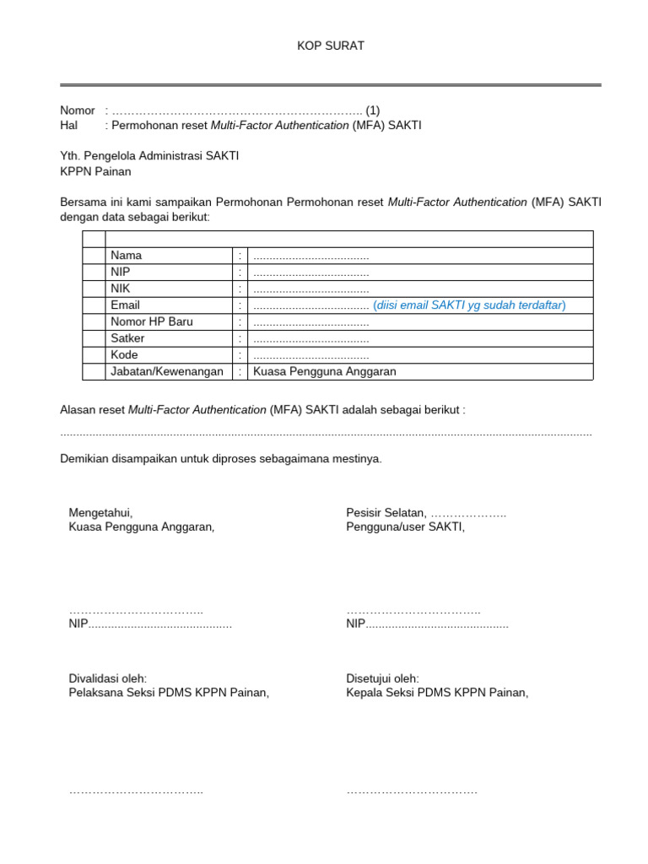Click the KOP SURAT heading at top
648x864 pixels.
coord(331,46)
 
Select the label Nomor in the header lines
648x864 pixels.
coord(78,111)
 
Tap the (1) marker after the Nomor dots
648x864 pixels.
coord(372,111)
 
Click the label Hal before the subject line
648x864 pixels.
coord(68,125)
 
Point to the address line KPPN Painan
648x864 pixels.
coord(95,171)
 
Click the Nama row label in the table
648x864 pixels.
coord(126,255)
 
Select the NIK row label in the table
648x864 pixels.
coord(120,289)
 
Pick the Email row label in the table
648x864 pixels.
coord(125,305)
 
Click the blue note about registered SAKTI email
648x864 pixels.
coord(469,305)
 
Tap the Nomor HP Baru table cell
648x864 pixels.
coord(151,321)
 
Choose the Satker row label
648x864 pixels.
coord(127,338)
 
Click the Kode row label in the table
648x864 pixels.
coord(124,354)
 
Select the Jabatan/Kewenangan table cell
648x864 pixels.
coord(166,371)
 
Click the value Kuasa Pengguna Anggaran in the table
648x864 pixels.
coord(325,371)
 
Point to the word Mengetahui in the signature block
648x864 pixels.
coord(100,512)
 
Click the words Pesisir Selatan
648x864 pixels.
coord(386,512)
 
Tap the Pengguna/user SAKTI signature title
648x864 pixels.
coord(405,526)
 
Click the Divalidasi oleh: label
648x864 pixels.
coord(107,678)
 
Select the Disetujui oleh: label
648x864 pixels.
coord(382,678)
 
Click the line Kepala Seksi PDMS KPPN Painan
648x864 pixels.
coord(437,693)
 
